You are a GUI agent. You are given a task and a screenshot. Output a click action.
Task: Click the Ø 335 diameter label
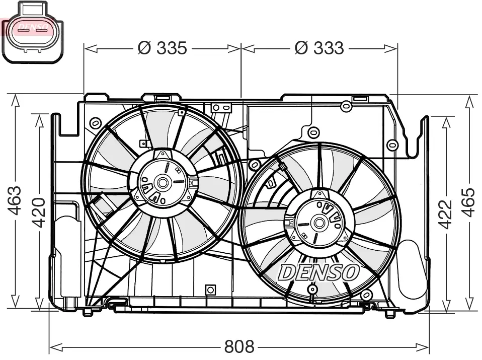162,48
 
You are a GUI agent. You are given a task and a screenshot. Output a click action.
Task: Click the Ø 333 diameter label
319,48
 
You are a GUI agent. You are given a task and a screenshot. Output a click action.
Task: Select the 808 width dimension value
239,347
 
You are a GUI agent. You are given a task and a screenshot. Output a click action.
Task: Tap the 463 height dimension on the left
15,201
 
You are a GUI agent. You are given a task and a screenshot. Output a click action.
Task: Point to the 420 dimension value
39,212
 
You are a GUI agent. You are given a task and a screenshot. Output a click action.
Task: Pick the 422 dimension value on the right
445,214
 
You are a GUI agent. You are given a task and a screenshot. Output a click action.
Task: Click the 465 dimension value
468,202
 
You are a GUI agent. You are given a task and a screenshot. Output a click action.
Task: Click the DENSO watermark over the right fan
318,272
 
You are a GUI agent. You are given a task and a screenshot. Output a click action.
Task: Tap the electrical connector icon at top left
32,31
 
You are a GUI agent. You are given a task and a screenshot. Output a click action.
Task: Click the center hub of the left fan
163,182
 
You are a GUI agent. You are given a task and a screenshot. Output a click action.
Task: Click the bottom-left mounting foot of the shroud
88,312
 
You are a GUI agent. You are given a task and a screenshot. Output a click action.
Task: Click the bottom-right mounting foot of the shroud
389,314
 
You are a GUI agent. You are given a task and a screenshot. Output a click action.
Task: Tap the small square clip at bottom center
210,290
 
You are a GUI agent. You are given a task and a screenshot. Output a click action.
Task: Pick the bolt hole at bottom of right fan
313,290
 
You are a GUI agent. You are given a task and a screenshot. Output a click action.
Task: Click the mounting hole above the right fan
313,132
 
